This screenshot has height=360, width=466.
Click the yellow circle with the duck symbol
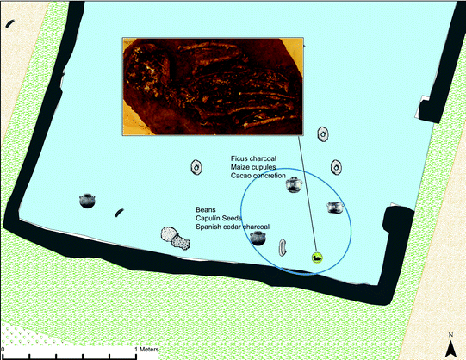(x=317, y=258)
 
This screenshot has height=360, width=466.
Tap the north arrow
(x=450, y=349)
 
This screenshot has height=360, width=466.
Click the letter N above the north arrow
(x=450, y=335)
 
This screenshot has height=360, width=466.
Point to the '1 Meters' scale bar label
(x=146, y=350)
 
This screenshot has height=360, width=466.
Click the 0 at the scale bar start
(x=3, y=350)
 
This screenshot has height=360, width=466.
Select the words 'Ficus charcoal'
(x=253, y=158)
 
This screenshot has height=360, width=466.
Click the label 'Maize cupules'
(x=253, y=167)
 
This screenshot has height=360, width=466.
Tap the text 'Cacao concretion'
(x=258, y=176)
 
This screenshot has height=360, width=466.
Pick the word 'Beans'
(x=206, y=209)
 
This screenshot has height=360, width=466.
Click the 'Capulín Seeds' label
(x=219, y=218)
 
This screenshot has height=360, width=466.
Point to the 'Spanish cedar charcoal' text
(x=233, y=227)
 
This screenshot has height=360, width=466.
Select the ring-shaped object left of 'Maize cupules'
(x=196, y=167)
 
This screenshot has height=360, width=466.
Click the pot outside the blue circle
(x=87, y=201)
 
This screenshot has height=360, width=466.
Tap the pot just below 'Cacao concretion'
(x=294, y=185)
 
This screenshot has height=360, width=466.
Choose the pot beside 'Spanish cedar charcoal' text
(x=258, y=239)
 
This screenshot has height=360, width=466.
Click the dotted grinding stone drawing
(x=175, y=239)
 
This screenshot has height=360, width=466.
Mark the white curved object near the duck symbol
(x=282, y=247)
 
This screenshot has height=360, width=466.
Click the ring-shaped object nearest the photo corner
(x=322, y=134)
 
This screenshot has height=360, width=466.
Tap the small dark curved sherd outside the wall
(x=9, y=24)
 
